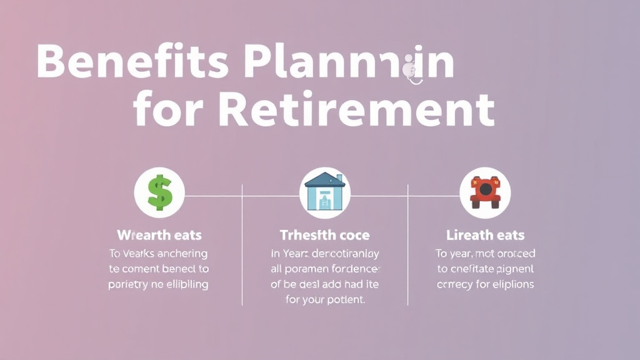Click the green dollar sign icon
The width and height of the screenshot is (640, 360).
coord(159,192)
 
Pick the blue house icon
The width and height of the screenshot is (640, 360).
coord(324,192)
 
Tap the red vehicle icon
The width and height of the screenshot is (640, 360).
coord(485,192)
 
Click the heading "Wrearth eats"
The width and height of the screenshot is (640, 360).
coord(159,236)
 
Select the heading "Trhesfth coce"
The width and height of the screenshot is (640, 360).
coord(324,236)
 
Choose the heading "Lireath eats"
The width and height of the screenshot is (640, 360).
coord(485,236)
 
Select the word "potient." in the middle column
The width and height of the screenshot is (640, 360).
coord(342,299)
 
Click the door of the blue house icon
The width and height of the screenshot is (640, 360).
coord(324,201)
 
